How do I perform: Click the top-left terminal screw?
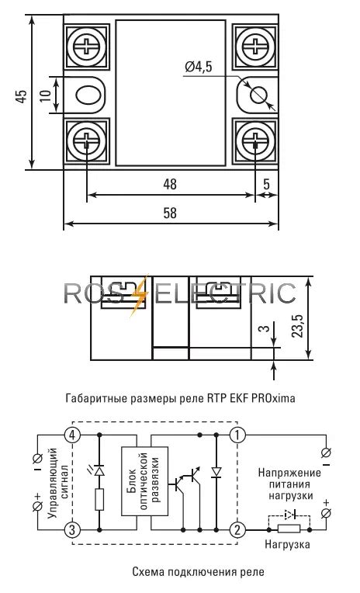pyautogui.click(x=87, y=47)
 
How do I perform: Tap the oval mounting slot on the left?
pyautogui.click(x=88, y=95)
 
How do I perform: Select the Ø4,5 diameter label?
pyautogui.click(x=199, y=67)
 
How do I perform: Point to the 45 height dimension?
pyautogui.click(x=22, y=96)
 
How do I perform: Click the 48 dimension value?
pyautogui.click(x=170, y=184)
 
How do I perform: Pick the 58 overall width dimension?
pyautogui.click(x=170, y=213)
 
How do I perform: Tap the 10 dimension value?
pyautogui.click(x=45, y=95)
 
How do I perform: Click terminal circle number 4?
pyautogui.click(x=72, y=435)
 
